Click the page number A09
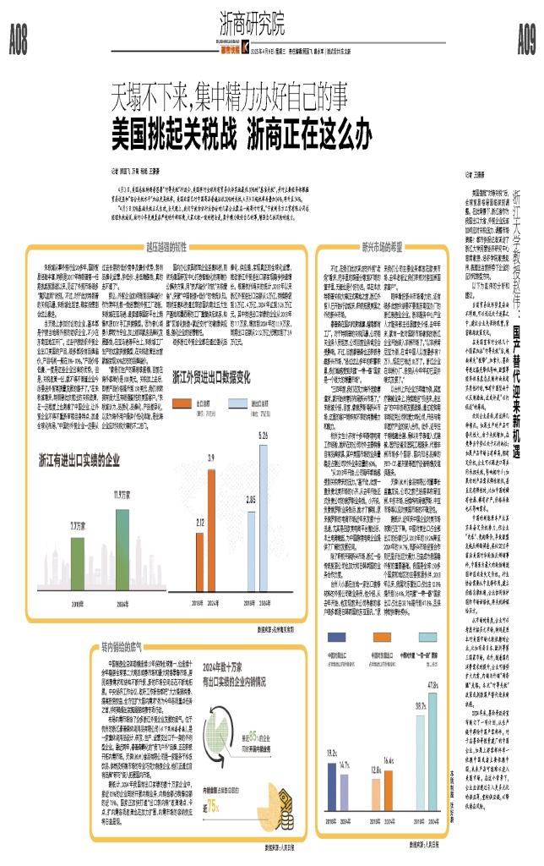coord(525,36)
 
